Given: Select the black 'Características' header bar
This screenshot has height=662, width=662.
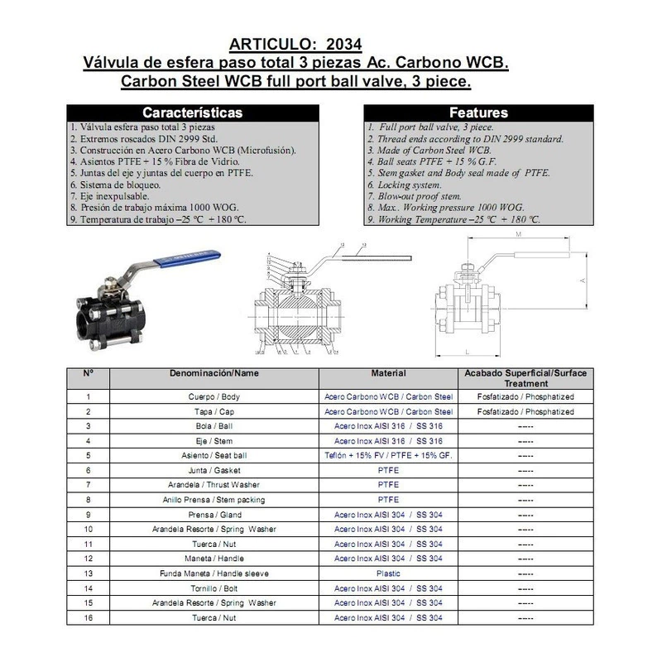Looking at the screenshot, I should click(x=192, y=112).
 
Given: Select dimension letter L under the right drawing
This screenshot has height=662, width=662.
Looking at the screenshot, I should click(x=468, y=352).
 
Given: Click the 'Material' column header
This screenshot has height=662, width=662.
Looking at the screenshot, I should click(x=388, y=373).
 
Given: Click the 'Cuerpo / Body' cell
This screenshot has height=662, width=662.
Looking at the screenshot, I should click(x=213, y=397).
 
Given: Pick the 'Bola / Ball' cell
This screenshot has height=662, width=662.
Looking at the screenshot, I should click(x=213, y=425).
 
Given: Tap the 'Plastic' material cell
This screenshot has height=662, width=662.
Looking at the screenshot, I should click(x=388, y=573).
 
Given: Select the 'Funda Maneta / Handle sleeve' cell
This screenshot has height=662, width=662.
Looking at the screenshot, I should click(x=213, y=573).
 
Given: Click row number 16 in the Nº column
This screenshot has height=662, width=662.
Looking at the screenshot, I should click(x=89, y=617).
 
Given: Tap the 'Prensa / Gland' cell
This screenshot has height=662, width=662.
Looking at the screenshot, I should click(x=213, y=514).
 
